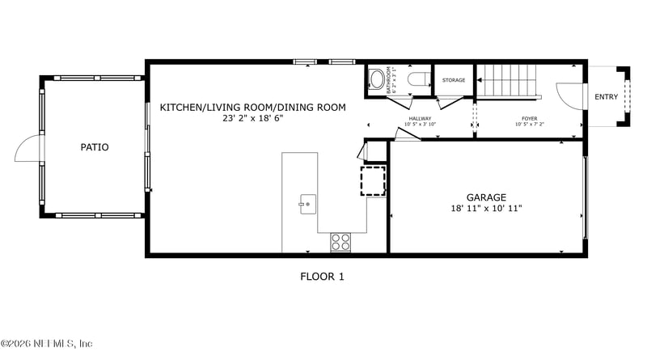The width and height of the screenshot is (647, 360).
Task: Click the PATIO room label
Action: (x=95, y=147)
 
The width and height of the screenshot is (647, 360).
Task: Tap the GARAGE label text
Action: (x=486, y=197)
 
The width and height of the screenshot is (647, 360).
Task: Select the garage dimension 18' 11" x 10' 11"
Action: (x=486, y=209)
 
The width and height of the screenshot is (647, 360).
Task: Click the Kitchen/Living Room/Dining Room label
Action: (x=252, y=107)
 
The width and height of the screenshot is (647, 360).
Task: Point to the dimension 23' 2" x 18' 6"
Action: (x=252, y=118)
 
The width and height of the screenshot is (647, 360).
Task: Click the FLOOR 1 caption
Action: (x=322, y=277)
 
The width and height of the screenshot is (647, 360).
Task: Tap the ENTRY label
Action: (x=606, y=97)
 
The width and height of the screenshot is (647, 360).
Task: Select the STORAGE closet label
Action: (x=454, y=80)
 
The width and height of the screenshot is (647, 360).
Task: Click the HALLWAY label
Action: (x=420, y=119)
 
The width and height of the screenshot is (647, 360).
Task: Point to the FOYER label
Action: (x=529, y=119)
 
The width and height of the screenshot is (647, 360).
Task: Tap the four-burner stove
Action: (x=340, y=241)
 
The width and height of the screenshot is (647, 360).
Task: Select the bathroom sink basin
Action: (x=376, y=79)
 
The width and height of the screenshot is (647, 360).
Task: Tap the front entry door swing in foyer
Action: (x=569, y=98)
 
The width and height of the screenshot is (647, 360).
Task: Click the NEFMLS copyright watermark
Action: (x=47, y=344)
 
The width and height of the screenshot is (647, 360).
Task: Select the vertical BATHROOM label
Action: (x=389, y=80)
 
